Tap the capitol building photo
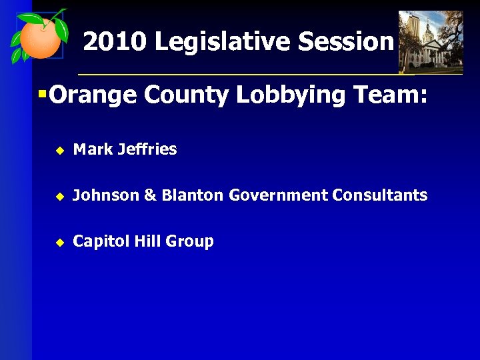tap(430, 41)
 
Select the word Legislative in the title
tap(223, 42)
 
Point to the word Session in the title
tap(345, 42)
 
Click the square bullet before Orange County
tap(42, 94)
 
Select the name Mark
tap(93, 149)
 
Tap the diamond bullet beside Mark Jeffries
tap(59, 151)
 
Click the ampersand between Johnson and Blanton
tap(150, 195)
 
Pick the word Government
tap(279, 195)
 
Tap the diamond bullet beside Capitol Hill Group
tap(59, 243)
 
